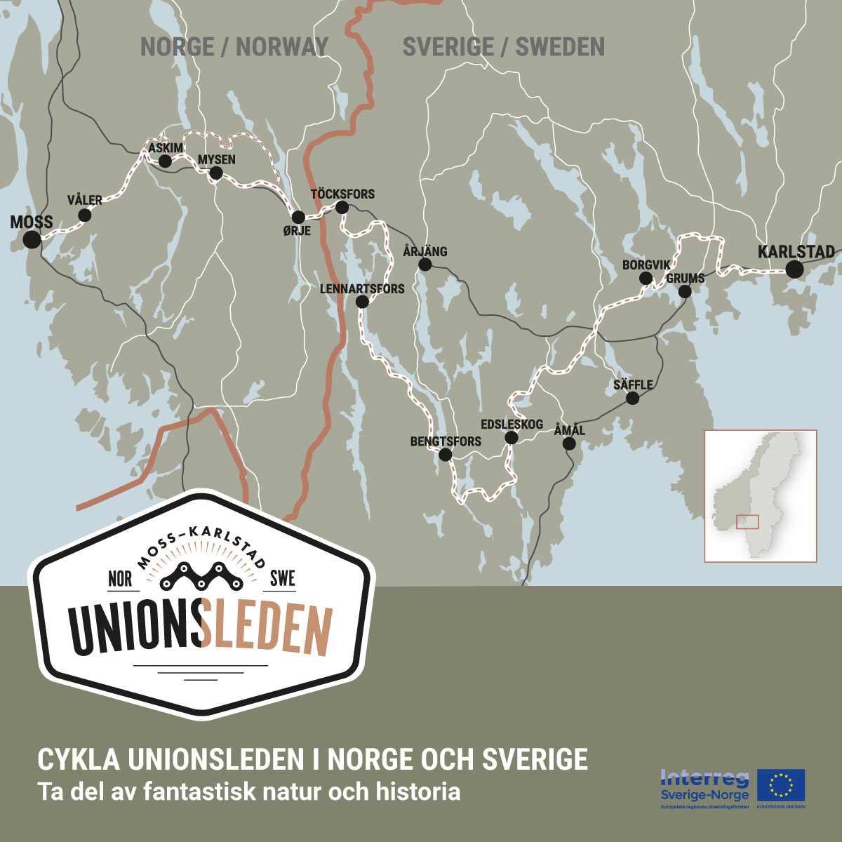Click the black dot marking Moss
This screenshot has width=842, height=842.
coord(32,240)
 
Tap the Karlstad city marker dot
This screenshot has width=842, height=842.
coord(794,269)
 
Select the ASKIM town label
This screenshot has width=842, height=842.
coord(166,148)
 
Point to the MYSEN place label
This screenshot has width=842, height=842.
coord(216,160)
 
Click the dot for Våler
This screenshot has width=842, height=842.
coord(85,215)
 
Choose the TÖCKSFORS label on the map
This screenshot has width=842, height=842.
coord(342,194)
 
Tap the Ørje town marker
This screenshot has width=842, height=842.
coord(298,217)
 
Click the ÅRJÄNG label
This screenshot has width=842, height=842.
coord(425,251)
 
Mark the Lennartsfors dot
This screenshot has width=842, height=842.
coord(362,302)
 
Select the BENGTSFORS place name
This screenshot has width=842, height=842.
coord(446,441)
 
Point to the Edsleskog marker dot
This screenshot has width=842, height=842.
coord(512,438)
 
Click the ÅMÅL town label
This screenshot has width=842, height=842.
coord(569,430)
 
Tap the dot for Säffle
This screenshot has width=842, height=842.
coord(632,398)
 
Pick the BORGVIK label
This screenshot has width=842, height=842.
coord(646,265)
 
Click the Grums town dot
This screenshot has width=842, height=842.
coord(686,292)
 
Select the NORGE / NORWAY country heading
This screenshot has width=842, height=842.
coord(234,47)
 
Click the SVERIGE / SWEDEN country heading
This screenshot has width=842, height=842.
coord(503,47)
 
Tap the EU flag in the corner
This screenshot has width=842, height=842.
coord(781,784)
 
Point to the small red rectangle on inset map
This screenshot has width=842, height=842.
coord(747,521)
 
